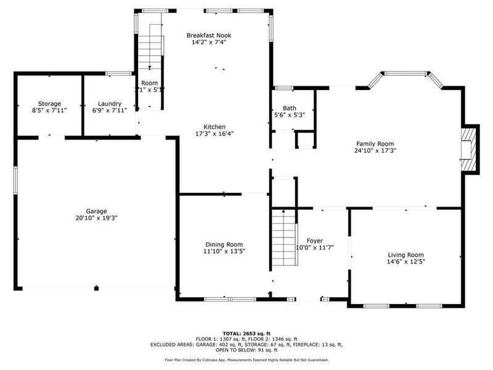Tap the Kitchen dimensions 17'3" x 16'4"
pyautogui.click(x=214, y=134)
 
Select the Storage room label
pyautogui.click(x=49, y=104)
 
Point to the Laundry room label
pyautogui.click(x=110, y=104)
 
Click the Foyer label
pyautogui.click(x=315, y=240)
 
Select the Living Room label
pyautogui.click(x=405, y=255)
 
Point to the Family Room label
pyautogui.click(x=375, y=143)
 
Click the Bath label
pyautogui.click(x=289, y=108)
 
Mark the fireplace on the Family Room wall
pyautogui.click(x=470, y=149)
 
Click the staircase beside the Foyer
pyautogui.click(x=284, y=237)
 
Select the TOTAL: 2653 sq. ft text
pyautogui.click(x=246, y=334)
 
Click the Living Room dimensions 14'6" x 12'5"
pyautogui.click(x=406, y=262)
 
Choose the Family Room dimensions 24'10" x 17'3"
pyautogui.click(x=375, y=150)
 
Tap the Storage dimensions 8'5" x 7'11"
pyautogui.click(x=49, y=111)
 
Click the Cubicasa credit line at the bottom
pyautogui.click(x=246, y=360)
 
